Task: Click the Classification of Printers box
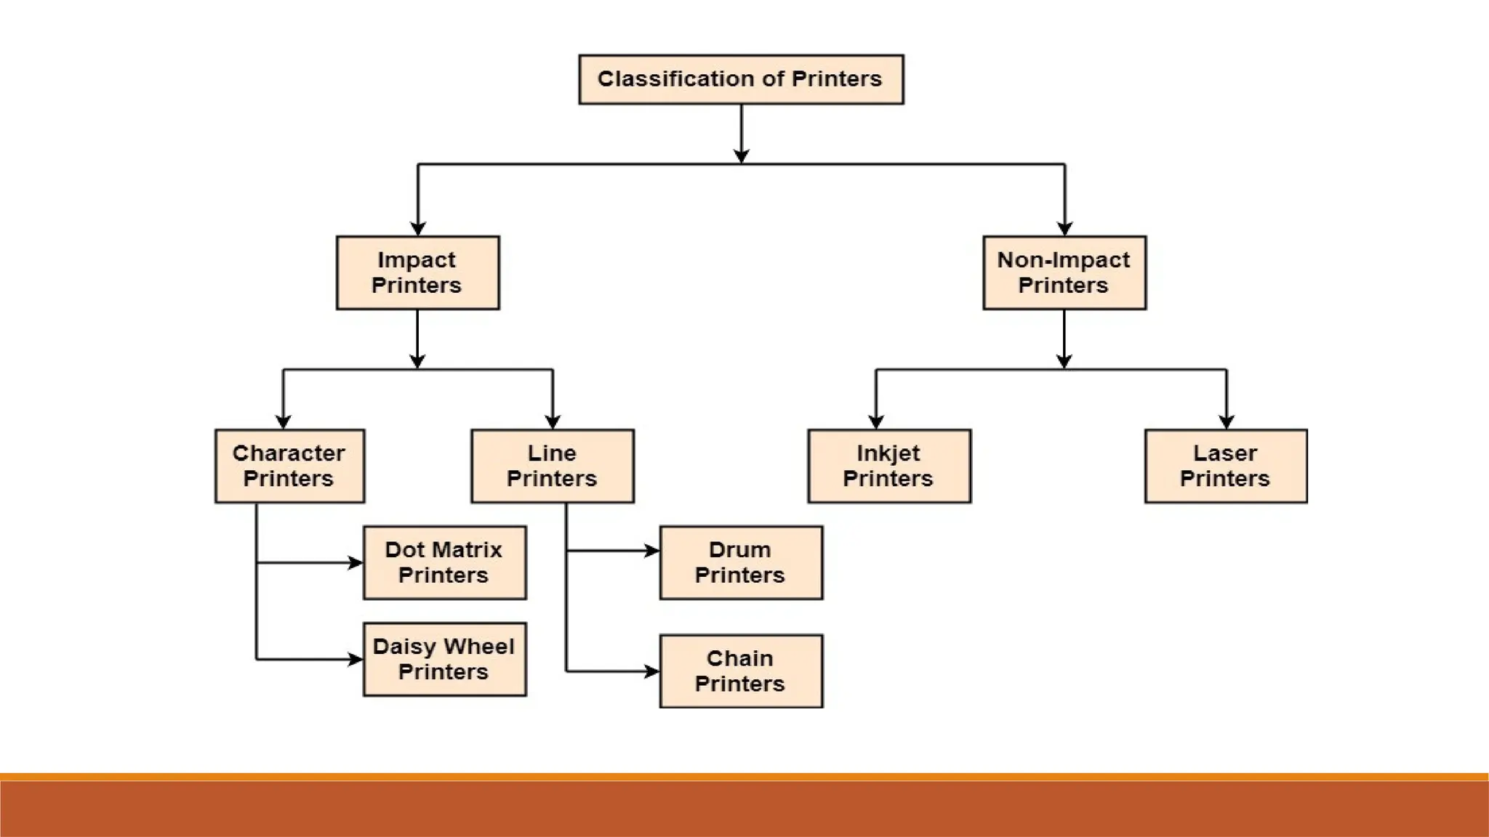(741, 79)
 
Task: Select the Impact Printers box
(417, 272)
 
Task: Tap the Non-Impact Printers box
(1064, 272)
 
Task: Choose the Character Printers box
(289, 466)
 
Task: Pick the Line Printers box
(552, 466)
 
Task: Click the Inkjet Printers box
(888, 466)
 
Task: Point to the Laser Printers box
(1225, 466)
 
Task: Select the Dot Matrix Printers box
(444, 562)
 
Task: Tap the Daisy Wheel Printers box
(444, 659)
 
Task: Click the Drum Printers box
(740, 562)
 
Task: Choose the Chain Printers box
(740, 671)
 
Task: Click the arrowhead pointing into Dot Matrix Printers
(356, 562)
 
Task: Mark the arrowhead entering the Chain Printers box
(652, 671)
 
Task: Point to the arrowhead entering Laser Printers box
(1226, 422)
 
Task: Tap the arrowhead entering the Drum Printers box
(652, 551)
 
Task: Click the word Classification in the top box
(676, 78)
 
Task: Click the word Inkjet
(888, 453)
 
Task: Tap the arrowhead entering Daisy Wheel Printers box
(356, 659)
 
